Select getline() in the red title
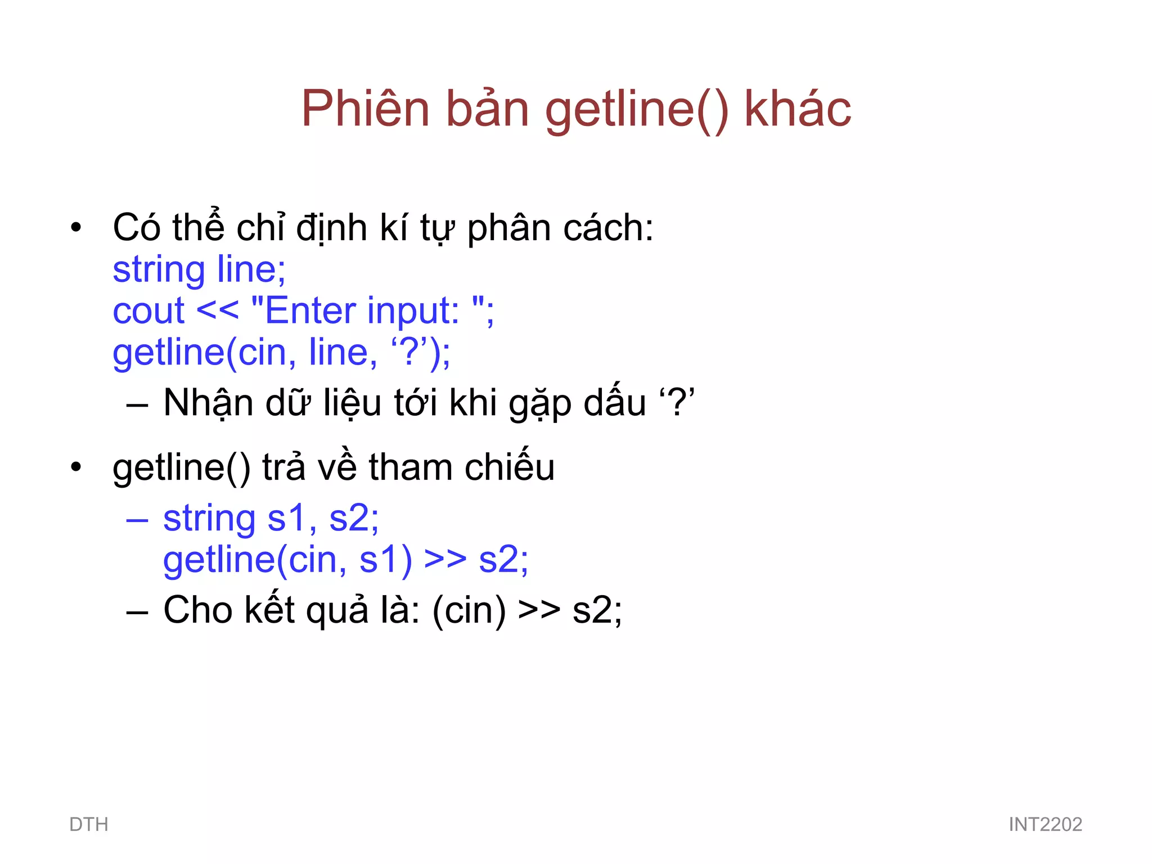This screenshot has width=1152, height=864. (636, 110)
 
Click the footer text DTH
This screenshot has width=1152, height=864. (89, 825)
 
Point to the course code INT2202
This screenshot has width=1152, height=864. (1045, 825)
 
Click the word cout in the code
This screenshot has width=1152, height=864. (148, 310)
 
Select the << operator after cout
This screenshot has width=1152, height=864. (218, 310)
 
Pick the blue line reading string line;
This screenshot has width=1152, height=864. (199, 270)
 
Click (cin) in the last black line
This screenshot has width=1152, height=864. (469, 611)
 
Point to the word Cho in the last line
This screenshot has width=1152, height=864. (197, 610)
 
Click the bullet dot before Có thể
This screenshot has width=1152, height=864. (76, 228)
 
